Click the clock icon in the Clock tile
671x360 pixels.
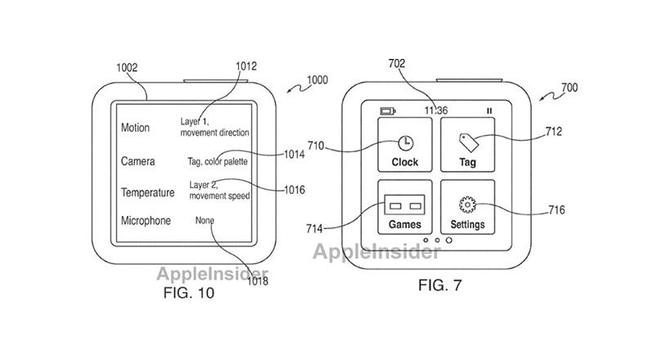pos(405,143)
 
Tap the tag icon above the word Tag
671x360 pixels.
pos(469,142)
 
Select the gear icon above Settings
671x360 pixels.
pos(467,205)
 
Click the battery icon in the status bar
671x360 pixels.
pos(388,111)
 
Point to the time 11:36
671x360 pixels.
pos(436,110)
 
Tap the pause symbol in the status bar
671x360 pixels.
pos(489,111)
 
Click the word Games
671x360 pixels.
pos(405,224)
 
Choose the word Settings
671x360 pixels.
pos(467,224)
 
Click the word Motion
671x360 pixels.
pos(135,128)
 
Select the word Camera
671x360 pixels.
pos(137,161)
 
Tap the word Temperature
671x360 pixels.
pos(147,192)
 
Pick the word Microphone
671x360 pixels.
pos(146,220)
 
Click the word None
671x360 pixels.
pos(205,220)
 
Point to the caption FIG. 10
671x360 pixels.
pos(189,293)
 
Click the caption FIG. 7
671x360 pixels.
pos(440,285)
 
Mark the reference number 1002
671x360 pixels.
pos(127,68)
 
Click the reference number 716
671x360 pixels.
pos(556,209)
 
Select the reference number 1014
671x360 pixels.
pos(295,154)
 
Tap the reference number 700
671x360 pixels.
pos(570,88)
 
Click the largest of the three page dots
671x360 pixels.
pos(449,241)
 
